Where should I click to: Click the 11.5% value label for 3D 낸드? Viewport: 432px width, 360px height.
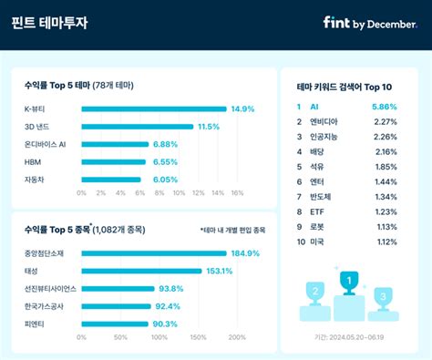pos(209,127)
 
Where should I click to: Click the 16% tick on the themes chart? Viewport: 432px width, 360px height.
pos(237,193)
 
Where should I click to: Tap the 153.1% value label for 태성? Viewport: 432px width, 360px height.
pos(219,271)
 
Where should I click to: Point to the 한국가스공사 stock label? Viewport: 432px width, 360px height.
pos(44,306)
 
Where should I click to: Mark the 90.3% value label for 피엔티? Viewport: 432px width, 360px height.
pos(165,324)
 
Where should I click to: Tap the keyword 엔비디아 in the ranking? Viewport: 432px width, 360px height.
pos(325,121)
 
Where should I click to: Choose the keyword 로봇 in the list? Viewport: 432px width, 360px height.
pos(318,226)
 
